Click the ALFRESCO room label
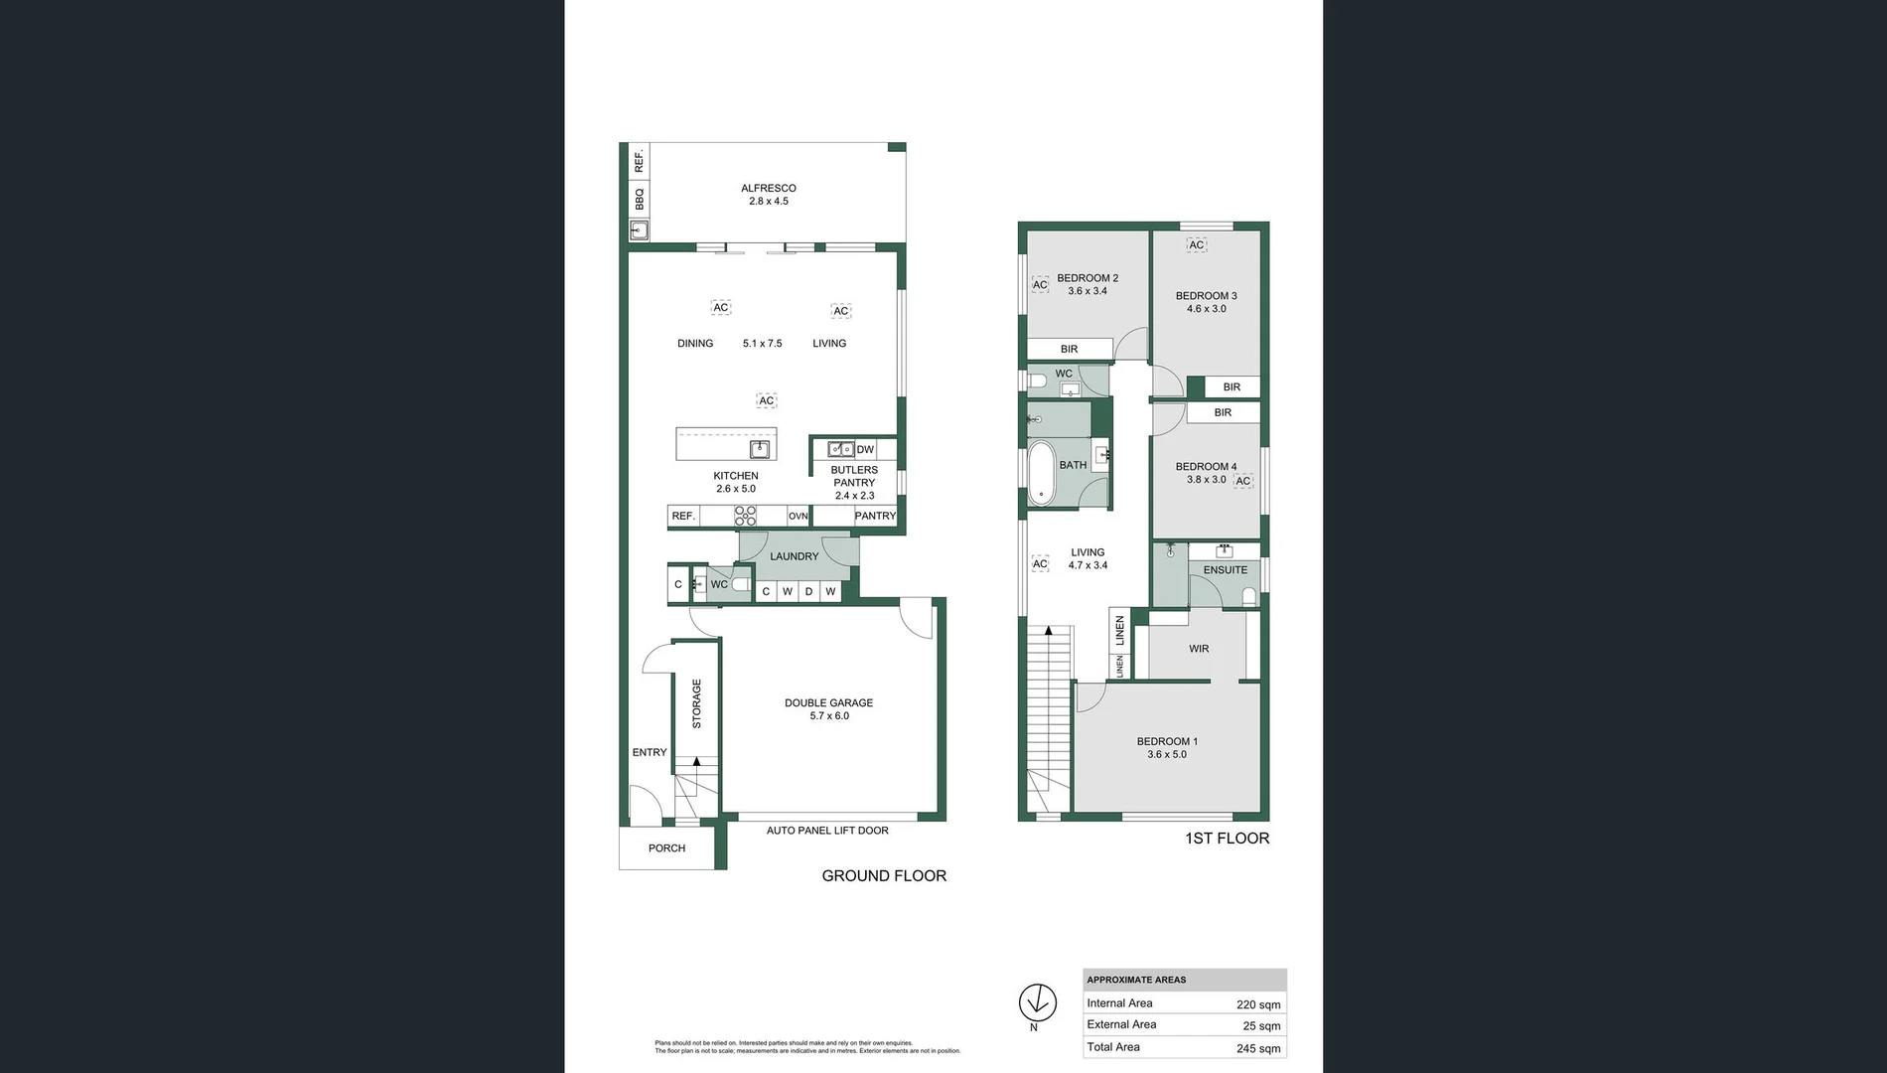(x=768, y=188)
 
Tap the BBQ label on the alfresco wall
(x=640, y=199)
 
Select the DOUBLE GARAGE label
(x=828, y=702)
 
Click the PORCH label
(x=666, y=848)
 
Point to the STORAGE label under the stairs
(x=696, y=703)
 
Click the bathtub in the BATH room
(x=1041, y=471)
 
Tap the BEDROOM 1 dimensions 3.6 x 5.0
(x=1167, y=754)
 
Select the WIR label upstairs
(x=1199, y=649)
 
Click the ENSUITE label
(x=1225, y=570)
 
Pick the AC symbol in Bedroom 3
(x=1197, y=245)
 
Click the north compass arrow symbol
(x=1037, y=1002)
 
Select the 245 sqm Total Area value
(x=1257, y=1048)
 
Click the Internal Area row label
(x=1119, y=1003)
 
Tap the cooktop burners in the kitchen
(x=745, y=516)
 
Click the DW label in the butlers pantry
(x=865, y=450)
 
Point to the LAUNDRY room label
(x=794, y=556)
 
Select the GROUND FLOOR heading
(x=884, y=875)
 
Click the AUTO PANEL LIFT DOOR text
(x=827, y=831)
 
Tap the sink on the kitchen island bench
(x=760, y=449)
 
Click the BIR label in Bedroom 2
(x=1069, y=349)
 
